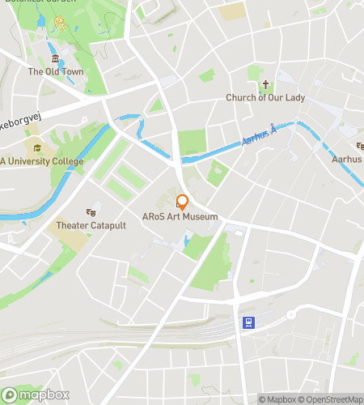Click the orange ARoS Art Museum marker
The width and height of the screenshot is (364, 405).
183,202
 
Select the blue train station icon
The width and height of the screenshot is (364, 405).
248,322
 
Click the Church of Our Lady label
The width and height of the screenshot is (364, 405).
265,98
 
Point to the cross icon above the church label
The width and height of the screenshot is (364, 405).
265,85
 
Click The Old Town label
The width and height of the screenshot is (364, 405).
56,72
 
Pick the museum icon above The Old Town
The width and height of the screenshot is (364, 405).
55,60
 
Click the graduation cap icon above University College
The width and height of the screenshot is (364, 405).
36,148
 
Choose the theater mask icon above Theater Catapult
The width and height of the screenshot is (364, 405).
91,211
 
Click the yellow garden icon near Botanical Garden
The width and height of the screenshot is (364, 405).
59,22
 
